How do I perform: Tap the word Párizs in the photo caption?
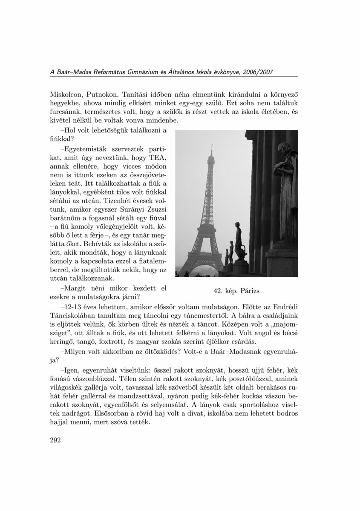point(248,291)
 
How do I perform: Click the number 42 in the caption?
point(219,291)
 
